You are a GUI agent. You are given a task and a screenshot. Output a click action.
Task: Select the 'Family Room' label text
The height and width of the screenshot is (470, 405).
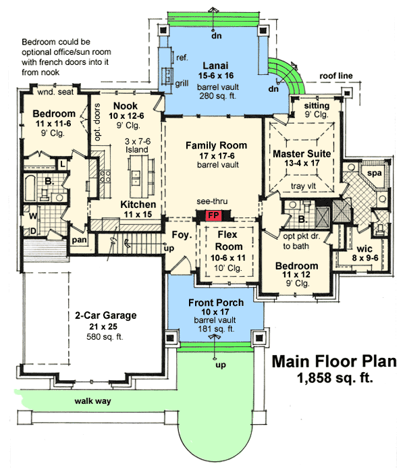click(x=216, y=145)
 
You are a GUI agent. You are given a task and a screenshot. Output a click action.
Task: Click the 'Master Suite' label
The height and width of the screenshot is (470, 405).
click(x=302, y=154)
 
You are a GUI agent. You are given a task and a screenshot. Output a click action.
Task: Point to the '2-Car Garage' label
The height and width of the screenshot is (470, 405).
click(x=105, y=315)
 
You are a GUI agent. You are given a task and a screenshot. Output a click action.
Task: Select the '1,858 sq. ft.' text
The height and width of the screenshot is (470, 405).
click(x=335, y=379)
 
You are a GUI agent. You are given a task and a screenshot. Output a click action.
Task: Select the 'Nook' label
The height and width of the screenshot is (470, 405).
click(x=126, y=105)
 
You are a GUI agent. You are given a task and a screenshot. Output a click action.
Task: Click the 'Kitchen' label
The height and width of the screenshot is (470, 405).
click(x=138, y=205)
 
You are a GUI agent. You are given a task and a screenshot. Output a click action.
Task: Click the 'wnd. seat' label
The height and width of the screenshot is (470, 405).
click(x=55, y=93)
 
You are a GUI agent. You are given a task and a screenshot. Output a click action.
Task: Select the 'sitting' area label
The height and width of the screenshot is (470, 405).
click(x=317, y=106)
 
